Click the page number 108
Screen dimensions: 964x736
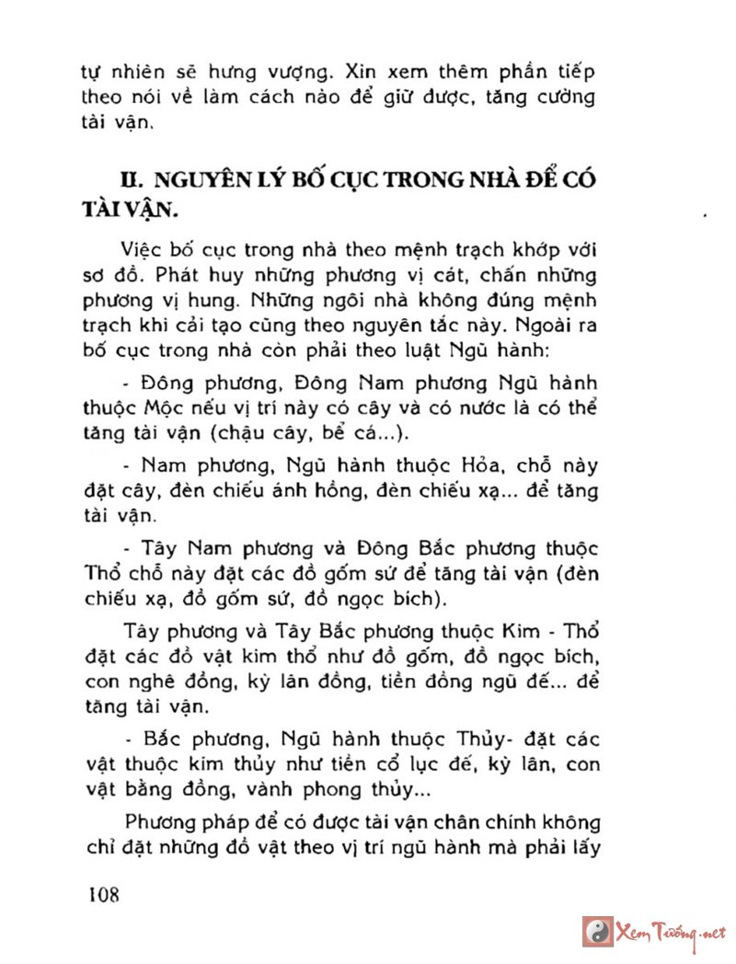[104, 894]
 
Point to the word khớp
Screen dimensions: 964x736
[528, 251]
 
